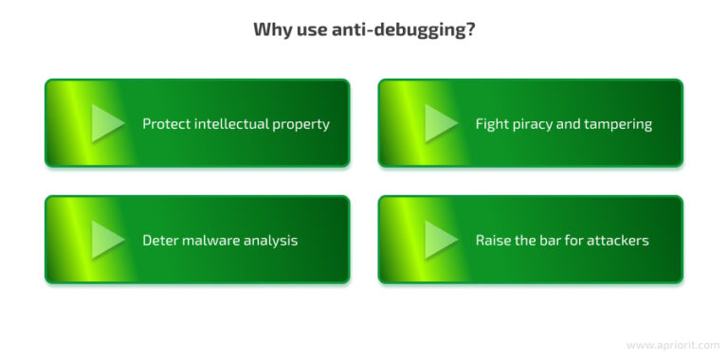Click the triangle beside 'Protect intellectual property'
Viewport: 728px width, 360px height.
(108, 123)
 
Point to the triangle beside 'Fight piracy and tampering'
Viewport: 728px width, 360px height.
(442, 123)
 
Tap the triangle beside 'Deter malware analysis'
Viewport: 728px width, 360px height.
(108, 240)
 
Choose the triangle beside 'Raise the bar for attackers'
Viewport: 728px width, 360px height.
(442, 240)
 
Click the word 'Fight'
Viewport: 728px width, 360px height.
(492, 124)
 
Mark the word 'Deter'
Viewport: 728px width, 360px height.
(162, 241)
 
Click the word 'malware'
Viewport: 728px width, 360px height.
(213, 241)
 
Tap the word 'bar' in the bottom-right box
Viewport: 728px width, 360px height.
(557, 241)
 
